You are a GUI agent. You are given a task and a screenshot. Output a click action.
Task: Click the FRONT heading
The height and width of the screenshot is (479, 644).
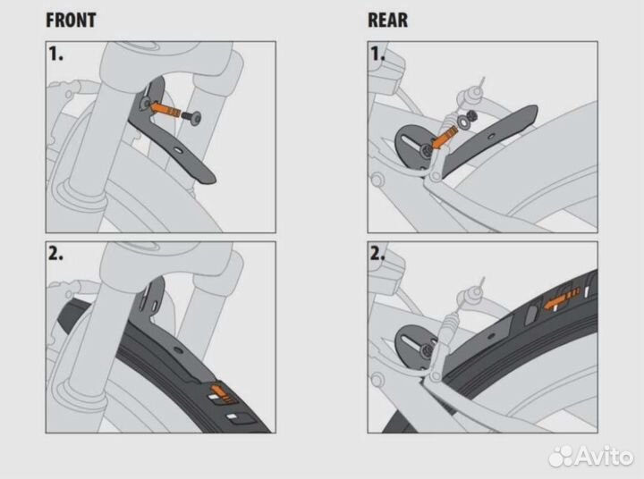[x=71, y=21]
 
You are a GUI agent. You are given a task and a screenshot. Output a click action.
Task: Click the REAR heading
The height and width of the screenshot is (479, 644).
[x=387, y=21]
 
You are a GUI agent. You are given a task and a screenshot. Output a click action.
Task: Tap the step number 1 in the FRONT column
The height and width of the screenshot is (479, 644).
[x=55, y=54]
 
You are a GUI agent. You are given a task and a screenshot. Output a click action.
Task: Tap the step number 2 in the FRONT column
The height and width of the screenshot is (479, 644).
[x=55, y=254]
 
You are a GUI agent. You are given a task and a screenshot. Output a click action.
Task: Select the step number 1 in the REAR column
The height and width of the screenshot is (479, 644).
[x=377, y=54]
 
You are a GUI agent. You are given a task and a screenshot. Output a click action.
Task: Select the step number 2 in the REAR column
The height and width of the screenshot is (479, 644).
[x=377, y=254]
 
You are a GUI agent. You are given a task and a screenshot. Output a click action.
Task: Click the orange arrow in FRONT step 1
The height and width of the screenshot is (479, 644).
[x=165, y=110]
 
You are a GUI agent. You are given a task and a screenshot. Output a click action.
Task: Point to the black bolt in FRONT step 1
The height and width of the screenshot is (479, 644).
[x=191, y=117]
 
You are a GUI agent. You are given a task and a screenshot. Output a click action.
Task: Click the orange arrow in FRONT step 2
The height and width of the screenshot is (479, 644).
[x=220, y=391]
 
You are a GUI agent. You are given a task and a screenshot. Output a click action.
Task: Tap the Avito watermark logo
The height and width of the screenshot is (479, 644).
[x=591, y=455]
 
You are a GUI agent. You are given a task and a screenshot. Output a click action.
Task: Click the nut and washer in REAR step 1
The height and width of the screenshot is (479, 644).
[x=468, y=119]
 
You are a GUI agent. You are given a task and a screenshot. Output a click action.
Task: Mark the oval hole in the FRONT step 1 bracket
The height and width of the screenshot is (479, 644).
[x=179, y=151]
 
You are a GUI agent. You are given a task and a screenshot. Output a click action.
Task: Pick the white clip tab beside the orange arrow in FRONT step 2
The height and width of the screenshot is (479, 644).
[x=214, y=397]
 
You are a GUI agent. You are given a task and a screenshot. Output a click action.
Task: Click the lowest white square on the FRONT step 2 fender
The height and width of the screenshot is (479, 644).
[x=233, y=417]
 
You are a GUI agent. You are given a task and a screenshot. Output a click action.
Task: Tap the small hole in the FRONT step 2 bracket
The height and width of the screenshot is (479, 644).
[x=178, y=351]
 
